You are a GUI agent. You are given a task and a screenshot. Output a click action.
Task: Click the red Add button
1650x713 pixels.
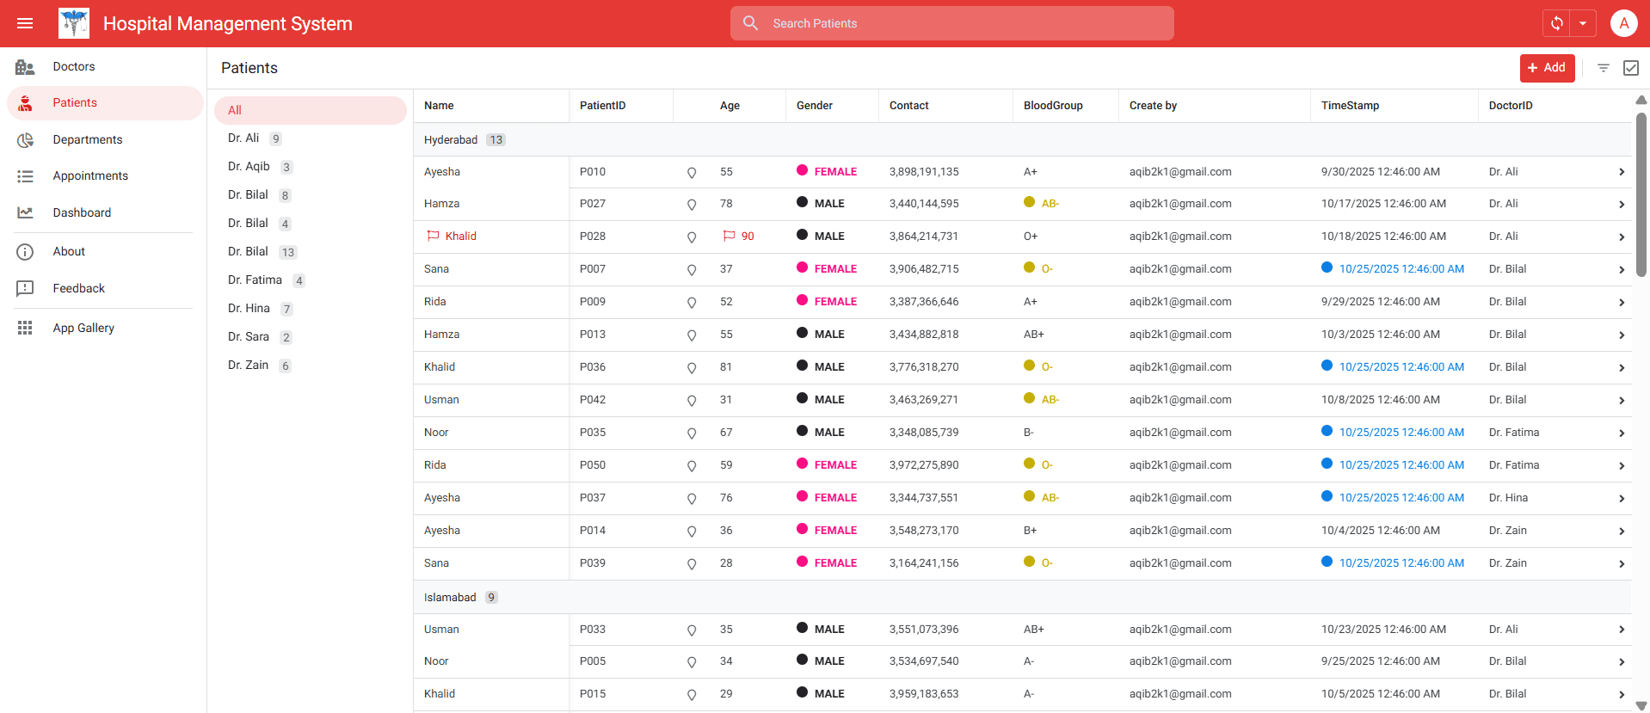(1546, 68)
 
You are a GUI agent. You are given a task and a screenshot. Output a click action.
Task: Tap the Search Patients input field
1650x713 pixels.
(964, 23)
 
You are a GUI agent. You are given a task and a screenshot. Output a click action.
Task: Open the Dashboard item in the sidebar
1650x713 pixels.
(82, 212)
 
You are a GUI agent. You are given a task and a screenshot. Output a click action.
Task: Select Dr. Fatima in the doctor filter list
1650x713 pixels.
(255, 280)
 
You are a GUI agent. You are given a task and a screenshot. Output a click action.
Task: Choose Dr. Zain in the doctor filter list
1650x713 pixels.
(248, 366)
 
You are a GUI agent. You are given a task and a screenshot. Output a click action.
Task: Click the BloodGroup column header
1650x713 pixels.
(1053, 106)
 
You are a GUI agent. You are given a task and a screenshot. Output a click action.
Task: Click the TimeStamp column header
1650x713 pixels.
(1350, 106)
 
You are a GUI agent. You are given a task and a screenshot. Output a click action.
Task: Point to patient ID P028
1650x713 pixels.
(593, 237)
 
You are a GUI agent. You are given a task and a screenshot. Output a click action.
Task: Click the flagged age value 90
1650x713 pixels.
(748, 237)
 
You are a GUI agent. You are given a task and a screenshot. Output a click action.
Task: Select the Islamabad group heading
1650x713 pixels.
(450, 598)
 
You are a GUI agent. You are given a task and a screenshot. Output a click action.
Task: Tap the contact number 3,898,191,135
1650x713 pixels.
(924, 172)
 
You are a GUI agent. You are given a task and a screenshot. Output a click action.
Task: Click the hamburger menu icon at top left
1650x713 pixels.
(25, 23)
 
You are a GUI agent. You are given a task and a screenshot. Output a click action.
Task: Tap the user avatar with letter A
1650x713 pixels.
(1622, 23)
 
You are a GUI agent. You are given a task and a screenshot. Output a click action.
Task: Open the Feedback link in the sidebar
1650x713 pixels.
(78, 288)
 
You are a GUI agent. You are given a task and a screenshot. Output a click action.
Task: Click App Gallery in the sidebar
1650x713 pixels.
(83, 328)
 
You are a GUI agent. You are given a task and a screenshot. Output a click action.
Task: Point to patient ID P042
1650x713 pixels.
(593, 400)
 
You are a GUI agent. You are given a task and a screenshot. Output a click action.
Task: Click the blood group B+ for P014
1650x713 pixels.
(1030, 531)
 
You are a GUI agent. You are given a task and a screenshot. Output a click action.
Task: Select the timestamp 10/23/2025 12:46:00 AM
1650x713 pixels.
(1383, 630)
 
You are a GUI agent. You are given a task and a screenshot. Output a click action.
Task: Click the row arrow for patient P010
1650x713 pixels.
(1621, 172)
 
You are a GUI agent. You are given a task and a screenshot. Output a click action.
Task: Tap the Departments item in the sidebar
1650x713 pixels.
(88, 139)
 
